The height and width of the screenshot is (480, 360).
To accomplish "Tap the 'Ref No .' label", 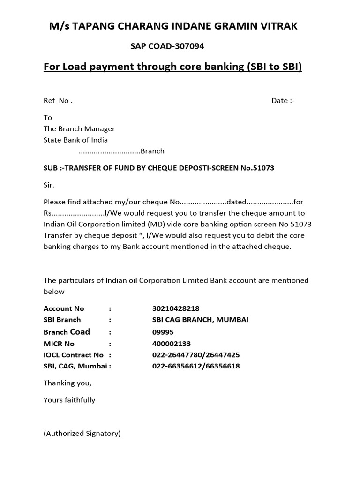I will tap(58, 101).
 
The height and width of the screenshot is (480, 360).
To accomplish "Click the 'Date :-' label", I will tap(283, 101).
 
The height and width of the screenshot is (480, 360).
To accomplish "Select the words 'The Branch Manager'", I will tap(79, 128).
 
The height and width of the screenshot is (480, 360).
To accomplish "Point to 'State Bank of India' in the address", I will tap(75, 140).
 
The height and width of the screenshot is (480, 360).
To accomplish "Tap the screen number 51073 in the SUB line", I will tap(263, 168).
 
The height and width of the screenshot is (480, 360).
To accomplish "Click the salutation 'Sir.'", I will tap(49, 185).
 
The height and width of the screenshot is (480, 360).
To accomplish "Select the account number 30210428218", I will tap(176, 308).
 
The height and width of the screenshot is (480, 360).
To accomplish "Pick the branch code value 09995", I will tap(163, 332).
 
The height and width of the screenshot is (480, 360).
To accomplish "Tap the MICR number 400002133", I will tap(172, 344).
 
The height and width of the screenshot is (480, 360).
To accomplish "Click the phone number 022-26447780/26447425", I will tap(196, 355).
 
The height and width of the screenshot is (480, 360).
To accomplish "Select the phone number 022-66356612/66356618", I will tap(196, 366).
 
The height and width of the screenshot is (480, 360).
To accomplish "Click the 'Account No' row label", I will tap(64, 308).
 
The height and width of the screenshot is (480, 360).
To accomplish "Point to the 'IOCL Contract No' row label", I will tap(74, 355).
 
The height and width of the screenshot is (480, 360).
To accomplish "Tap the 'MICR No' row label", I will tap(59, 344).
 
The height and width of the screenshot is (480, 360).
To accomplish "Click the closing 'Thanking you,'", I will tap(67, 383).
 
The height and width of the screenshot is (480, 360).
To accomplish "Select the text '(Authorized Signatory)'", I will tap(82, 434).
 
